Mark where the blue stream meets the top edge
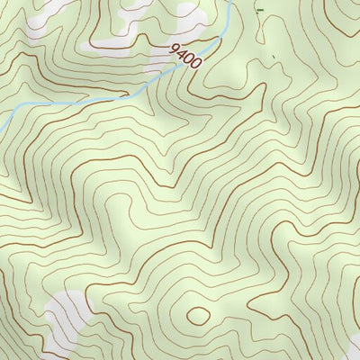[x=232, y=2]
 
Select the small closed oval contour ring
[x=196, y=315]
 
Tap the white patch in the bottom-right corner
[x=346, y=346]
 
